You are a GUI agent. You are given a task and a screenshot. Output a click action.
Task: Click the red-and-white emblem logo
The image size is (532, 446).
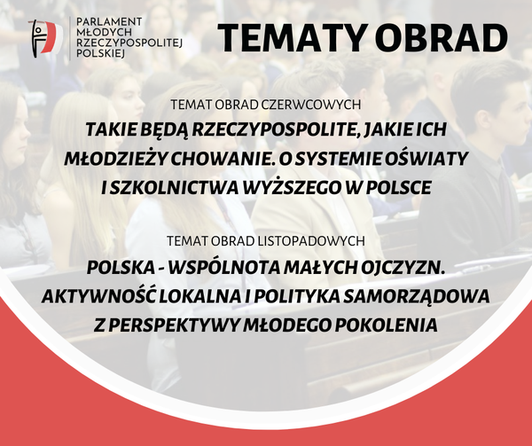click(46, 38)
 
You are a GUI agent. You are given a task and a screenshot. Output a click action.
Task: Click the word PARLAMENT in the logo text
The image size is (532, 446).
click(109, 22)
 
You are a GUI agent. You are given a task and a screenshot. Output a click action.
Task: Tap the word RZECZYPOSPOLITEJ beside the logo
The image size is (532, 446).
click(129, 43)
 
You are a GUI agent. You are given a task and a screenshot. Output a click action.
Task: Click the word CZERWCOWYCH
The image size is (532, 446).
click(311, 105)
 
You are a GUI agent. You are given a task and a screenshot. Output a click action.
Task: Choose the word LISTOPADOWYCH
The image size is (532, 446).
click(311, 241)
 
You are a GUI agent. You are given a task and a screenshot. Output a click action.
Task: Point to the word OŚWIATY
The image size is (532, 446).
click(429, 158)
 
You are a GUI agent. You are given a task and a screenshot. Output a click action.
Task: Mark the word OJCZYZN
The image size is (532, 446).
click(403, 268)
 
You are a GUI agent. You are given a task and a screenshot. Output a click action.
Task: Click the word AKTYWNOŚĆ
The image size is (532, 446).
click(98, 295)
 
